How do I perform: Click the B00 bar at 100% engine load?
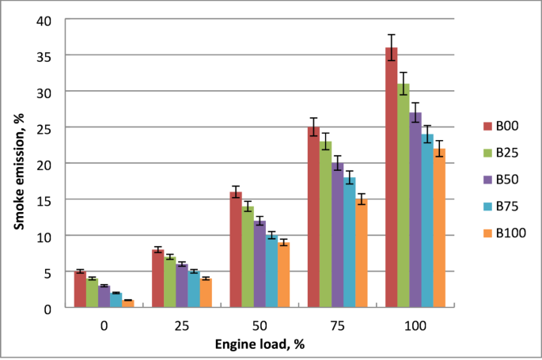(x=391, y=177)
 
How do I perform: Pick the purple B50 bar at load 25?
(x=182, y=286)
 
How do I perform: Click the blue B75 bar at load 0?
(x=116, y=300)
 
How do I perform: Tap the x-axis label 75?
(x=337, y=326)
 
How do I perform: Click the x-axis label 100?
(x=415, y=326)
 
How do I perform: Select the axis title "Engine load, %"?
(x=259, y=344)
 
